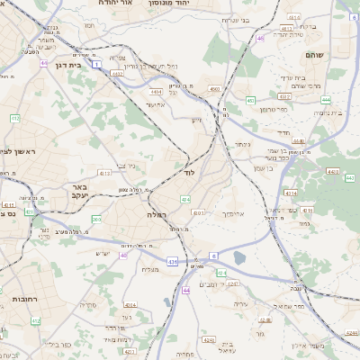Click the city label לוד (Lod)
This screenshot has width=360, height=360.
coord(189,171)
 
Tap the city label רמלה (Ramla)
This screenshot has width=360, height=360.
coord(157,215)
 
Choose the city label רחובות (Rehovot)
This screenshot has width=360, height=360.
coord(20,298)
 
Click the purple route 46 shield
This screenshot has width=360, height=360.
coord(260,39)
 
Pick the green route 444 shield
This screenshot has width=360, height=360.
coord(325,100)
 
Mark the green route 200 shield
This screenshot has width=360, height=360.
coord(95,219)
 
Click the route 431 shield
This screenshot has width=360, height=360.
coord(172,262)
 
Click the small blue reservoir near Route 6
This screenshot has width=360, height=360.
coord(239,259)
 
